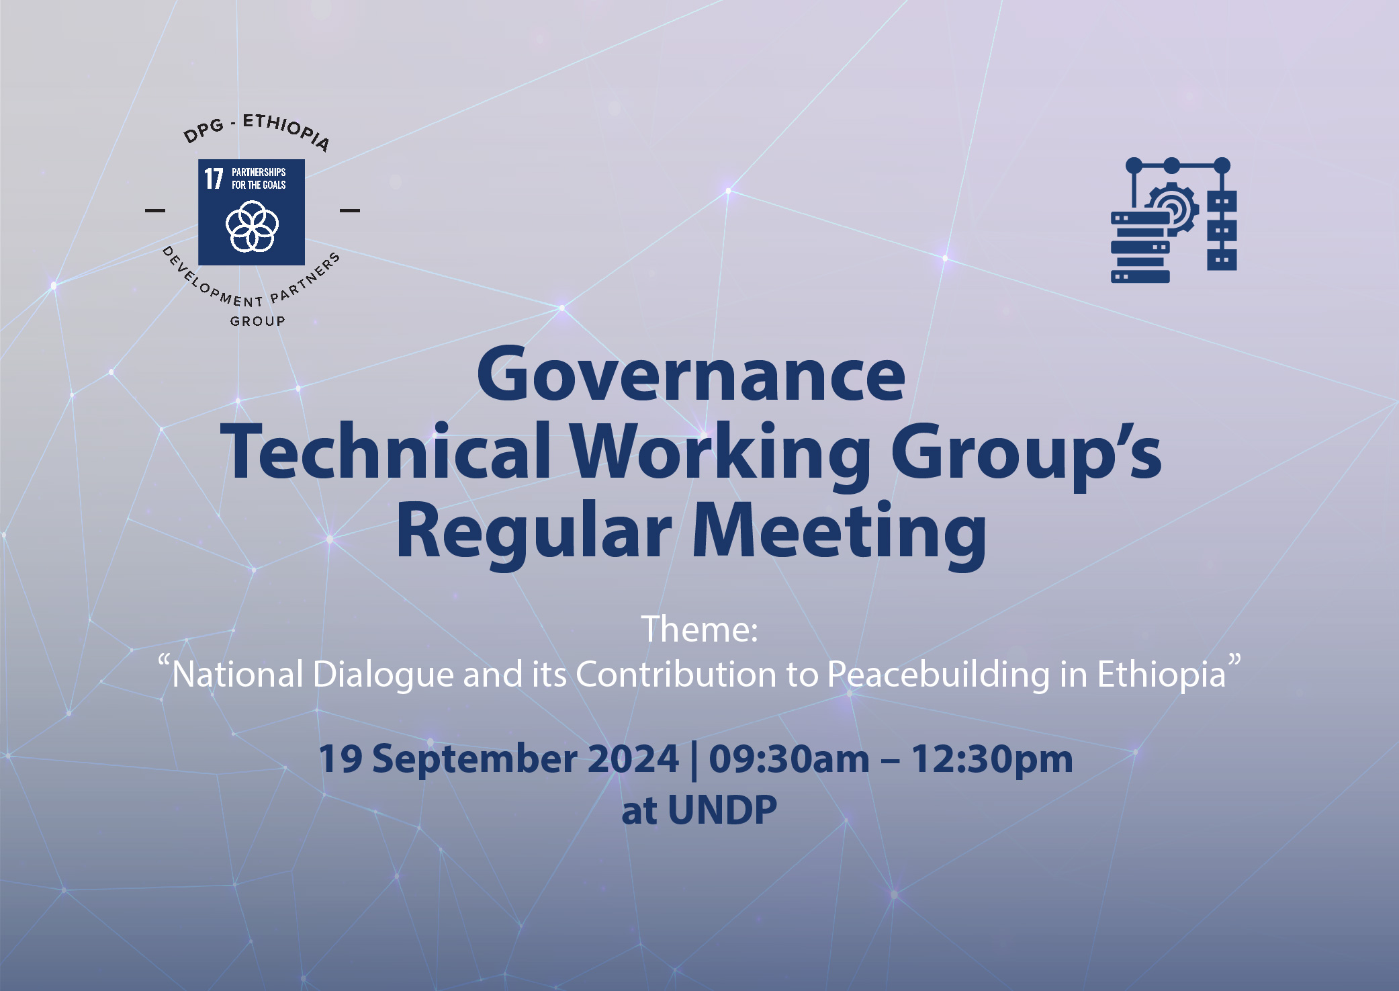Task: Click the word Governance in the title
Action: (691, 374)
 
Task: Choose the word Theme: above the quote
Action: (699, 630)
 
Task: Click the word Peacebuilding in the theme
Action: (939, 675)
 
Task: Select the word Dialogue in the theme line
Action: (383, 675)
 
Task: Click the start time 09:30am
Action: (789, 759)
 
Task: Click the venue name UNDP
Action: (723, 810)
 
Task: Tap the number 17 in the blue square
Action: (214, 179)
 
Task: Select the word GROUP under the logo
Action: (258, 321)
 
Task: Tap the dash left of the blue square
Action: (155, 210)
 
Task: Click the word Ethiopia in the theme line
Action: (1161, 675)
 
